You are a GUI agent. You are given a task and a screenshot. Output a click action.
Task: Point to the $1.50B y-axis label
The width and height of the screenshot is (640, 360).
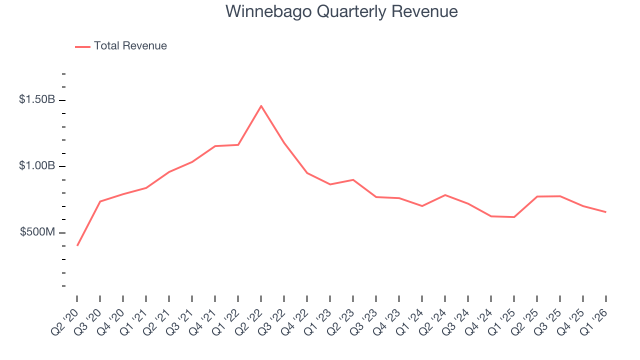click(x=37, y=99)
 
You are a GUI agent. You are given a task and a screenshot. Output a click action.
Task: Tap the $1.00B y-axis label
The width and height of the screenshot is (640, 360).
click(x=37, y=166)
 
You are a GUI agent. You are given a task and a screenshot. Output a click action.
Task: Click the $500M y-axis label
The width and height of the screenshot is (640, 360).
click(x=38, y=232)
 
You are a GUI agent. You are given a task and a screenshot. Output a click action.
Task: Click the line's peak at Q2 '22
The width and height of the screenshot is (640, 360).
click(x=261, y=106)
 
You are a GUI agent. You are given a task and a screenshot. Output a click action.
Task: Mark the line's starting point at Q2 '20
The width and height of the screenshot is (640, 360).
click(x=77, y=245)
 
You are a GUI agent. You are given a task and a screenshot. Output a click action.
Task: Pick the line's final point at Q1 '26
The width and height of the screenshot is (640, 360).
click(x=605, y=212)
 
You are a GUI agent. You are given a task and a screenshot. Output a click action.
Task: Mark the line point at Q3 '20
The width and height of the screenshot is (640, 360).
click(x=100, y=201)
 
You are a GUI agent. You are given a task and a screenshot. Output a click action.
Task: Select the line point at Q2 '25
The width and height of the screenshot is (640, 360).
click(x=537, y=196)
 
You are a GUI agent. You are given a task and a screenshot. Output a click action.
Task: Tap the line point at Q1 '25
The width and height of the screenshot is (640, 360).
click(x=514, y=217)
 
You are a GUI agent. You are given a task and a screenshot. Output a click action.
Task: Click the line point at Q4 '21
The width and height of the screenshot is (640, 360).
click(x=215, y=146)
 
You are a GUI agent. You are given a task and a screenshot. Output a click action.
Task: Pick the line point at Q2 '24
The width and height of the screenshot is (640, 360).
click(x=445, y=195)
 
